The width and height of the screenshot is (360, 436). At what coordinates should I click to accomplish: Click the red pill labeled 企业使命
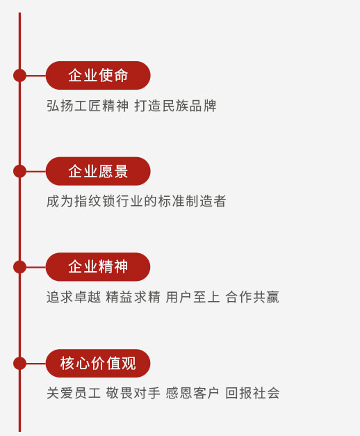point(98,75)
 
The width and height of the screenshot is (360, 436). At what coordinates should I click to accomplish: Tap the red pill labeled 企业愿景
point(98,171)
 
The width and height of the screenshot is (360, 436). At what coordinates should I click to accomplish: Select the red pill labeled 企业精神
point(98,266)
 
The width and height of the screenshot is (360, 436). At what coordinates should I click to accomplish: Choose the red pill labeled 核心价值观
point(98,363)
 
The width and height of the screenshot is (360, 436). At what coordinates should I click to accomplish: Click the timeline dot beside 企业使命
point(19,75)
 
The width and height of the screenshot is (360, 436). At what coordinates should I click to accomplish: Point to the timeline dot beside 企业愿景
point(19,171)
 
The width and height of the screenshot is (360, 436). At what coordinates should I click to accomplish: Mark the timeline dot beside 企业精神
point(19,266)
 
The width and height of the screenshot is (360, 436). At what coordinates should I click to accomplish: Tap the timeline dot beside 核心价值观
point(19,363)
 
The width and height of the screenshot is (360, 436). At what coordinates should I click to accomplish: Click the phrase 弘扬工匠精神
point(88,106)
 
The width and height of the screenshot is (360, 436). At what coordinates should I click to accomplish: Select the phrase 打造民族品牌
point(175,106)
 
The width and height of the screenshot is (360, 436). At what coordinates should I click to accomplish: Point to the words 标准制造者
point(192,201)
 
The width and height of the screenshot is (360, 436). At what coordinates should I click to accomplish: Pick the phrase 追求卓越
point(74,297)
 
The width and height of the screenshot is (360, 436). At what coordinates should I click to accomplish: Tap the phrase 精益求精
point(133,297)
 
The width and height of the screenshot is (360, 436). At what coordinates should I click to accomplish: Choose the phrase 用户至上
point(193,297)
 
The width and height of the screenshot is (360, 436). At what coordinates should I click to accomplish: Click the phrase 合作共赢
point(252,297)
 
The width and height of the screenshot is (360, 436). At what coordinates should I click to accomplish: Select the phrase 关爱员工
point(74,393)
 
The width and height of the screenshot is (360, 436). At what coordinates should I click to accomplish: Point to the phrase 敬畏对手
point(133,393)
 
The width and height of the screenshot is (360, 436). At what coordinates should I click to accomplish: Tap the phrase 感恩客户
point(193,393)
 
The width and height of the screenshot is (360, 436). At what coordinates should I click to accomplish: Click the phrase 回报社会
point(252,393)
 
